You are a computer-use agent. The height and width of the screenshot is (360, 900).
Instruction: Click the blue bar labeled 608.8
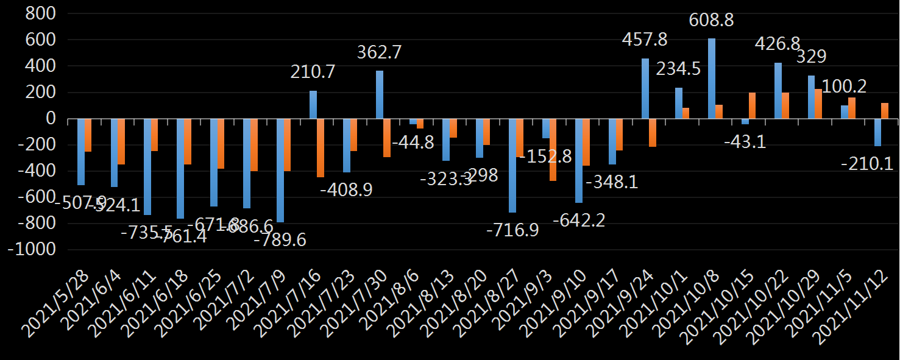coord(712,79)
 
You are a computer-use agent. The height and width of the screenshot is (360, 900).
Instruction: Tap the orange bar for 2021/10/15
coord(752,105)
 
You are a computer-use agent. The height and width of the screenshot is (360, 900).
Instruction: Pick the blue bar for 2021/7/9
coord(280,171)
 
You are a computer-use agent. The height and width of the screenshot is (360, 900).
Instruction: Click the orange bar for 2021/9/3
coord(553,150)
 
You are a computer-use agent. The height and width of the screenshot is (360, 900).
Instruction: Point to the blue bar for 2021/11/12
coord(878,132)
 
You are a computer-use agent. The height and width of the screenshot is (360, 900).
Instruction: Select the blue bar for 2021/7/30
coord(380,94)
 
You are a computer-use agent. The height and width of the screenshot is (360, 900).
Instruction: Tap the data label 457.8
coord(645,40)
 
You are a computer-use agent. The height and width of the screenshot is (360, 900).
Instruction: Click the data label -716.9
coord(512,231)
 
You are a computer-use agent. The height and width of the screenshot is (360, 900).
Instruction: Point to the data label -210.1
coord(866,163)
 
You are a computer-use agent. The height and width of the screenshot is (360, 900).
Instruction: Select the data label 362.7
coord(379,52)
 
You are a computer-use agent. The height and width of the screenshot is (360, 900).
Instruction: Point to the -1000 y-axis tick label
coord(32,250)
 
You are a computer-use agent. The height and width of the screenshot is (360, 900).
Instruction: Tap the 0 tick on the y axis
coord(51,119)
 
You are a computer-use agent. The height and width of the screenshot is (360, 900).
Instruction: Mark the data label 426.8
coord(778,44)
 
